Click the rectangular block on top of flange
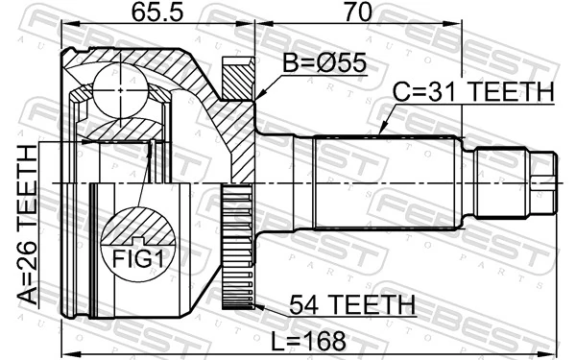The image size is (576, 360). coord(236,77)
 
